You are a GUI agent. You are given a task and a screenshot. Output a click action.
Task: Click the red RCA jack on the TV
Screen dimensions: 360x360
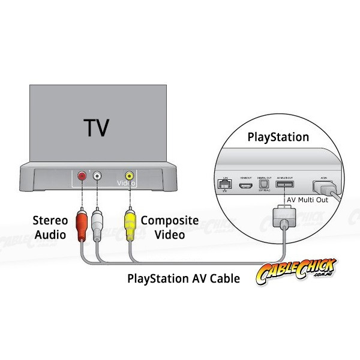tap(82, 176)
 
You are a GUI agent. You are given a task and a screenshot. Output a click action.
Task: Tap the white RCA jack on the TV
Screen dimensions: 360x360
tap(96, 176)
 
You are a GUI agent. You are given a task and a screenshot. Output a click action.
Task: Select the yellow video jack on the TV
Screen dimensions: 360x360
tap(128, 176)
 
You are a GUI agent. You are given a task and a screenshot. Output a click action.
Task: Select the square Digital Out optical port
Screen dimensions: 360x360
tap(262, 185)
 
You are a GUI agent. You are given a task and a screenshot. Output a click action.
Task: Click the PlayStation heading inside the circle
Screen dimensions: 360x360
tap(278, 137)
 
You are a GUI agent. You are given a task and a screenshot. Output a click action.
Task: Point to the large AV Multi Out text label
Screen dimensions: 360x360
tap(306, 200)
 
